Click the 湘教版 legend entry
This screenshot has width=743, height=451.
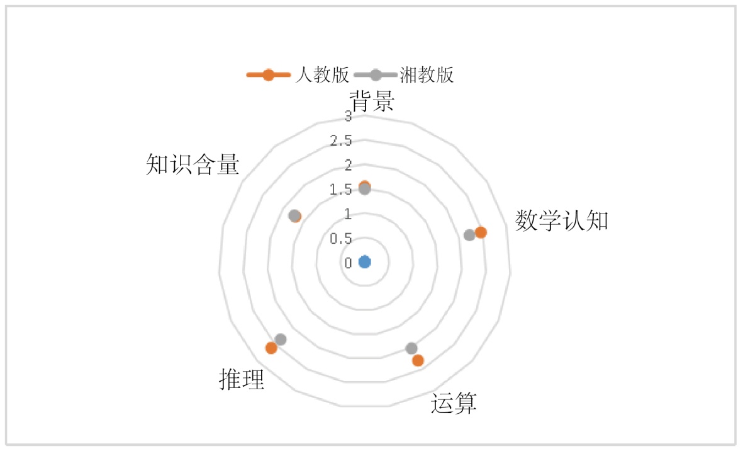tap(404, 75)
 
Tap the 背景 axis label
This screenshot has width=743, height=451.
tap(372, 101)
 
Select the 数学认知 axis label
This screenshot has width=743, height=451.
tap(561, 220)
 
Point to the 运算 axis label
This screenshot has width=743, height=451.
tap(454, 403)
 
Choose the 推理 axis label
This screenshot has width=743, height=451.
tap(242, 379)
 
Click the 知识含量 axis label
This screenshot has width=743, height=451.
tap(193, 164)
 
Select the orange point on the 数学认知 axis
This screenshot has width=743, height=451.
tap(481, 232)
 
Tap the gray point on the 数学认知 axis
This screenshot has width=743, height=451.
tap(469, 235)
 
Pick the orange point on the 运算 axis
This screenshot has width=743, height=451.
tap(418, 360)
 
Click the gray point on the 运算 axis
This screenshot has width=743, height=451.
tap(411, 348)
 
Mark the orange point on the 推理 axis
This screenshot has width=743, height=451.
tap(271, 348)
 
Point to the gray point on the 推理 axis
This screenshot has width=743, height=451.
tap(281, 340)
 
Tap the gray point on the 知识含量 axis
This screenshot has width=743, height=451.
tap(294, 215)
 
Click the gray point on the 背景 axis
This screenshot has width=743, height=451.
tap(365, 188)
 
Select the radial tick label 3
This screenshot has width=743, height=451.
tap(349, 116)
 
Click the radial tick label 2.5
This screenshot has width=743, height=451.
tap(341, 140)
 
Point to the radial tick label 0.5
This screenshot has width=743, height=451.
tap(341, 238)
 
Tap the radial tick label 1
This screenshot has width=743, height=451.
tap(349, 214)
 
